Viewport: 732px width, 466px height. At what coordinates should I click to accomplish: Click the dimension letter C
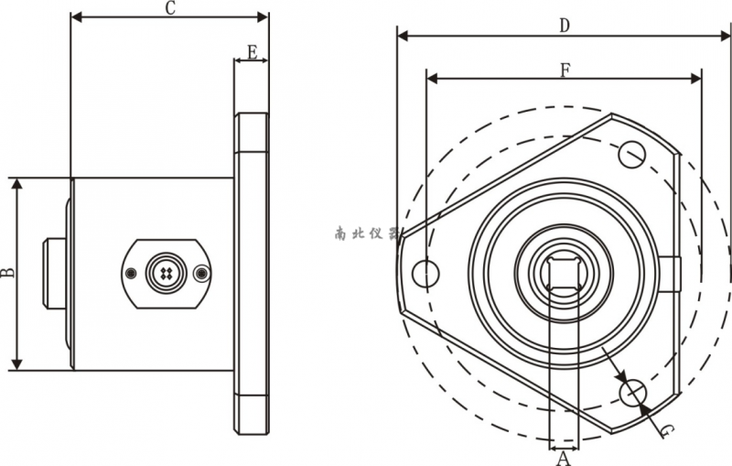click(170, 8)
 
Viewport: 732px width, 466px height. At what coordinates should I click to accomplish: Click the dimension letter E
click(253, 52)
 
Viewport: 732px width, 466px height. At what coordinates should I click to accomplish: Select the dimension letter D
click(565, 26)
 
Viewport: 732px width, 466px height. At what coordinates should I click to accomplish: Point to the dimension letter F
click(565, 70)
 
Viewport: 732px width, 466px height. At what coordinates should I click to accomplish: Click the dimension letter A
click(564, 459)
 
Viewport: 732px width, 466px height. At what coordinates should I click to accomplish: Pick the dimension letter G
click(667, 430)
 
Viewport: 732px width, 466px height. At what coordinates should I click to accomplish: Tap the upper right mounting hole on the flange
click(632, 154)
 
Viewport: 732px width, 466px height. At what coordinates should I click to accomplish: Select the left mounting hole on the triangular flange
click(425, 274)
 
